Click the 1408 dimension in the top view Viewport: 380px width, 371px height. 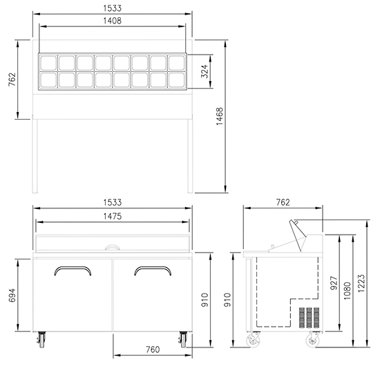tap(112, 21)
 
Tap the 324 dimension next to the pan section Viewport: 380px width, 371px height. tap(205, 71)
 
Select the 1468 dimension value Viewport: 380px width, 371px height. tap(220, 116)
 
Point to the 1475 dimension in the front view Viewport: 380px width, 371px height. tap(113, 216)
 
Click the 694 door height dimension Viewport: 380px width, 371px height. tap(12, 295)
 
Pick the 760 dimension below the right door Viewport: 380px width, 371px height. tap(153, 350)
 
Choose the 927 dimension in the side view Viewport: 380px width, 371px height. tap(334, 283)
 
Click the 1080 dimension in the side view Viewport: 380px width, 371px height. tap(348, 291)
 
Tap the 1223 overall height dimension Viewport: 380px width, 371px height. tap(361, 283)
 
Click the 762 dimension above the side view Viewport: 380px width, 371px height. tap(283, 202)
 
